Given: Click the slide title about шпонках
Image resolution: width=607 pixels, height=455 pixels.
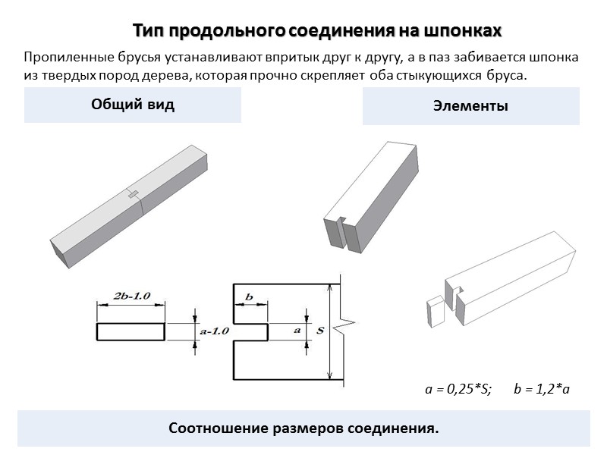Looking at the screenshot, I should pyautogui.click(x=318, y=31).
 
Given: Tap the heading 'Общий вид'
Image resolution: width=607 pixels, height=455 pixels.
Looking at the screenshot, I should pyautogui.click(x=133, y=105).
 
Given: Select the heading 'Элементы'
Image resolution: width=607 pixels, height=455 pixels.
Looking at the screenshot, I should pyautogui.click(x=470, y=107).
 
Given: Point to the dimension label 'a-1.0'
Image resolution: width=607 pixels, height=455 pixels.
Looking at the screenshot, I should pyautogui.click(x=214, y=331).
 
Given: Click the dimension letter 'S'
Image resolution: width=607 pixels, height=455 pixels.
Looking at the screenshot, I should pyautogui.click(x=320, y=331).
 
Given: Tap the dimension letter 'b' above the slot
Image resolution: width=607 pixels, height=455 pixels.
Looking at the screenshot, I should pyautogui.click(x=249, y=297).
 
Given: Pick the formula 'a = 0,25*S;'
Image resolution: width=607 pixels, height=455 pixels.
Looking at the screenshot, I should pyautogui.click(x=458, y=389).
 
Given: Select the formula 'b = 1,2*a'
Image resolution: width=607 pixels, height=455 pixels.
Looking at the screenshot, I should pyautogui.click(x=541, y=389).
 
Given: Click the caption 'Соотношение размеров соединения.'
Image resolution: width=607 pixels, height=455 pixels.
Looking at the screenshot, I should pyautogui.click(x=303, y=428).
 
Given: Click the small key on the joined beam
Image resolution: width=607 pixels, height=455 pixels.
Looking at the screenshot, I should pyautogui.click(x=134, y=195).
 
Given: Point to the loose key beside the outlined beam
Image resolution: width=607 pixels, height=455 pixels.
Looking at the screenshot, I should pyautogui.click(x=436, y=312).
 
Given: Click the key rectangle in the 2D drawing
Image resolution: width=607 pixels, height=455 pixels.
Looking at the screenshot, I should pyautogui.click(x=131, y=331).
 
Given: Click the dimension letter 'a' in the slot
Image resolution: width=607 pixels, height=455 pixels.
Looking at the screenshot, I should pyautogui.click(x=297, y=331).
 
